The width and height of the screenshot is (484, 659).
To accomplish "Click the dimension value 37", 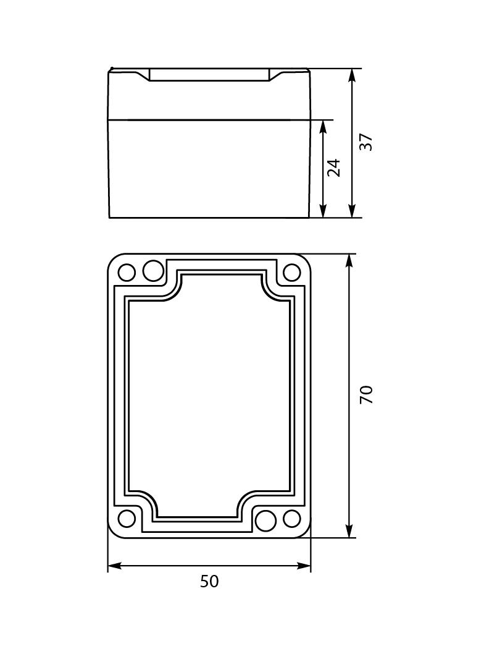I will click(367, 142).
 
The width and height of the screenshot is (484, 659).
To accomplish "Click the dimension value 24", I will click(334, 168).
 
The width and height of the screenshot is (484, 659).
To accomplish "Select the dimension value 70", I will click(367, 394).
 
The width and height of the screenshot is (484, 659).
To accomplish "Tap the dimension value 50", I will click(209, 582).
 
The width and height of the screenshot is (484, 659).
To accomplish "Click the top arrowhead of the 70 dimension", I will click(350, 261).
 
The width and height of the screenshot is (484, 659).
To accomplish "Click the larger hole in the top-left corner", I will click(153, 270).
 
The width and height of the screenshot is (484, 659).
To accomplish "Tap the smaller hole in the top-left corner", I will click(127, 272).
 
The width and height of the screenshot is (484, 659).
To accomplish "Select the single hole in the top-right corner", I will click(291, 272).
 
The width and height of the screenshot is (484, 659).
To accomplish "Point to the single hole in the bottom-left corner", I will click(127, 519).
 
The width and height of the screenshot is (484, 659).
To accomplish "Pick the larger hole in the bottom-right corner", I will click(265, 521).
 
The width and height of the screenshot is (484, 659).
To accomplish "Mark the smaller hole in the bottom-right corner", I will click(292, 519).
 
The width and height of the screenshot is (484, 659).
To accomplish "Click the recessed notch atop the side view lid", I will click(209, 75).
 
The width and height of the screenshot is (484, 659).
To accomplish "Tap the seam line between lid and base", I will click(209, 119).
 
